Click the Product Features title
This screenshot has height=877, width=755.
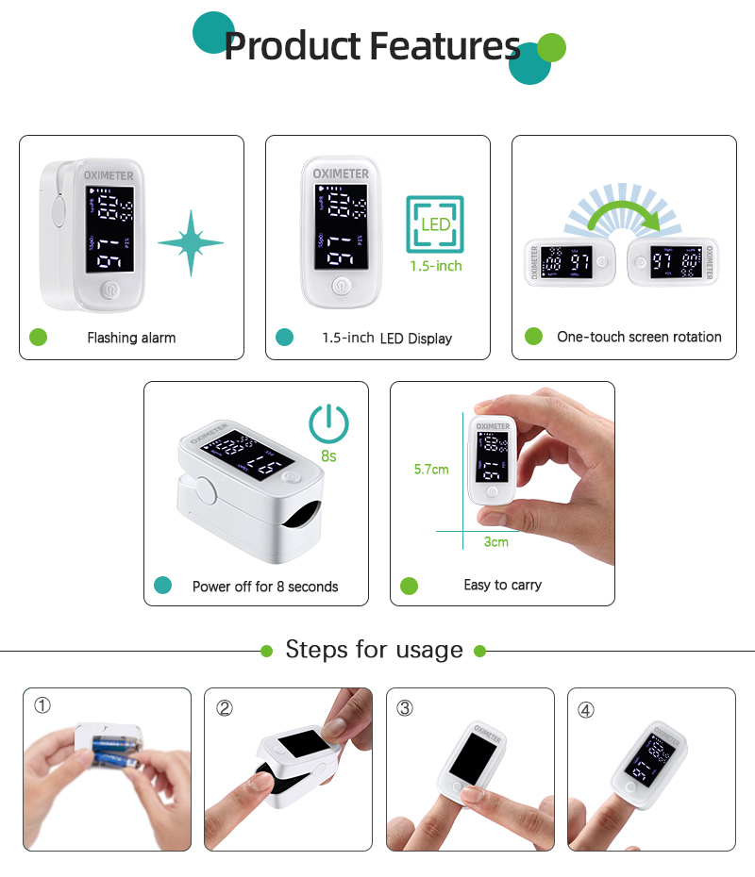pos(372,45)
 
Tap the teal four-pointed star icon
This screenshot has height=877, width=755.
pos(190,243)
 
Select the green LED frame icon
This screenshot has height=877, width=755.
pos(435,224)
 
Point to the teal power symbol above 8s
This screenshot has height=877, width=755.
pos(329,423)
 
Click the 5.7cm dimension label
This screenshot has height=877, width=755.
pos(431,469)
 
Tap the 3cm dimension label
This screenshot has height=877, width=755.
pos(495,541)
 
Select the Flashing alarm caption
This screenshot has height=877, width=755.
pos(131,338)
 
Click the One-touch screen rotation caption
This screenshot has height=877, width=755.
pos(639,337)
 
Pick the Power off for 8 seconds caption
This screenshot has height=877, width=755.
pos(265,587)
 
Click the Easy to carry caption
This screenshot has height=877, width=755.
pos(502,586)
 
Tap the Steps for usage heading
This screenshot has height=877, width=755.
pos(375,650)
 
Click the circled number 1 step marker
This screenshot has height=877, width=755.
pos(42,705)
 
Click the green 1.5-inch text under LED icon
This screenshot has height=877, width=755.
pos(436,266)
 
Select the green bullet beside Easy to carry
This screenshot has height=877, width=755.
pos(409,586)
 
